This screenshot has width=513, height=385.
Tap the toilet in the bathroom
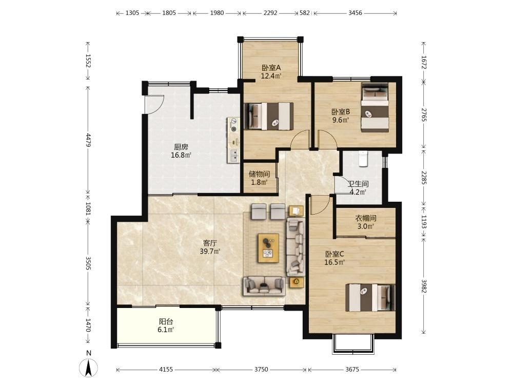click(x=363, y=159)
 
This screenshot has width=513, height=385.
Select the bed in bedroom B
click(x=375, y=108)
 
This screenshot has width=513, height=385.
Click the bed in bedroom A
click(x=269, y=116)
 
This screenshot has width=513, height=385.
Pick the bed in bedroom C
click(x=370, y=297)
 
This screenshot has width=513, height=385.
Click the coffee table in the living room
click(x=269, y=248)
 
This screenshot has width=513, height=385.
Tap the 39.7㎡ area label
click(x=210, y=252)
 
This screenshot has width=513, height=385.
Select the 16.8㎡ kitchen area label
click(x=181, y=155)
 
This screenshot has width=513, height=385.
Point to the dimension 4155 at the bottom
click(x=166, y=369)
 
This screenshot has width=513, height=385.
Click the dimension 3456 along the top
click(x=355, y=13)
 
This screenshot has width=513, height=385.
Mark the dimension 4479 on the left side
click(x=88, y=140)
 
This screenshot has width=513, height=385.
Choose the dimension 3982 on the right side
click(x=424, y=286)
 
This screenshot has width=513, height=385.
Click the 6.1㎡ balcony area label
click(x=166, y=330)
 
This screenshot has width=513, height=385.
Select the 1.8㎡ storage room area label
click(x=260, y=182)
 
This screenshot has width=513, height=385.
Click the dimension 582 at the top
click(x=305, y=13)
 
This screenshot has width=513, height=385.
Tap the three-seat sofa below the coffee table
click(x=264, y=285)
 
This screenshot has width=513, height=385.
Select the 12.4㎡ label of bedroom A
click(x=271, y=76)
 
